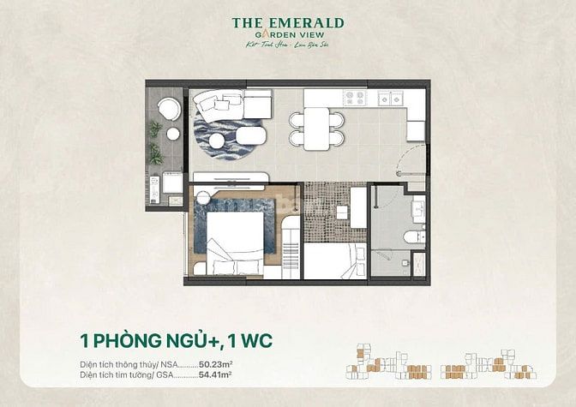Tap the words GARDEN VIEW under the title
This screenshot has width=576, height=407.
[288, 37]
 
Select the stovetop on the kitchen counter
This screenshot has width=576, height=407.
[354, 98]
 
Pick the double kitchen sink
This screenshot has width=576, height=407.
[391, 99]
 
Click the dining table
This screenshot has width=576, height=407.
[316, 129]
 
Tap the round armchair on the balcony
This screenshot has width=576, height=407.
[168, 109]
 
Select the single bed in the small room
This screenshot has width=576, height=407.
[334, 260]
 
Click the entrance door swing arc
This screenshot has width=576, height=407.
[415, 159]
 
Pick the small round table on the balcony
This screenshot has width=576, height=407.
[172, 134]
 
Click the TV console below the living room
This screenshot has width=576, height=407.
[231, 177]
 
